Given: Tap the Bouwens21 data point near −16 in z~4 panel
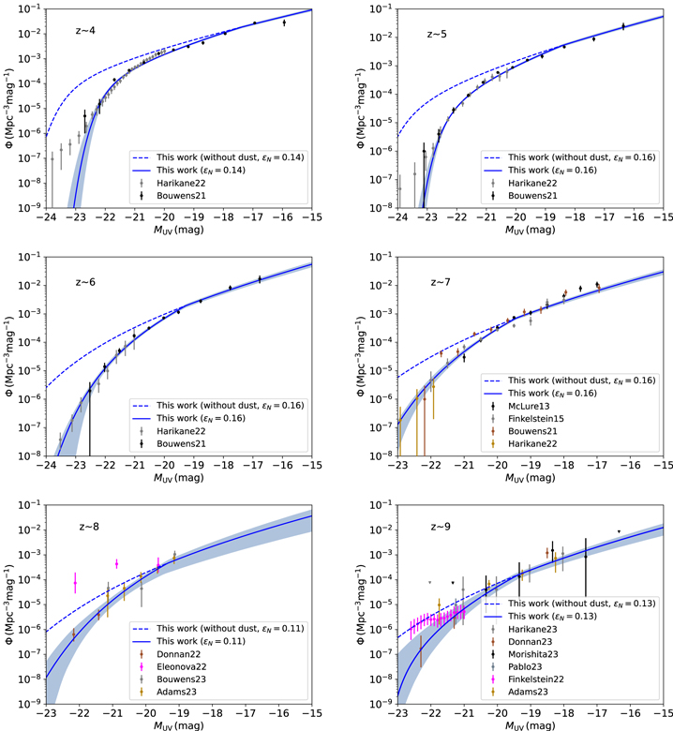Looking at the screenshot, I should (x=284, y=22).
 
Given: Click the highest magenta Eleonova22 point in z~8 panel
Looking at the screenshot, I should (x=116, y=563).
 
